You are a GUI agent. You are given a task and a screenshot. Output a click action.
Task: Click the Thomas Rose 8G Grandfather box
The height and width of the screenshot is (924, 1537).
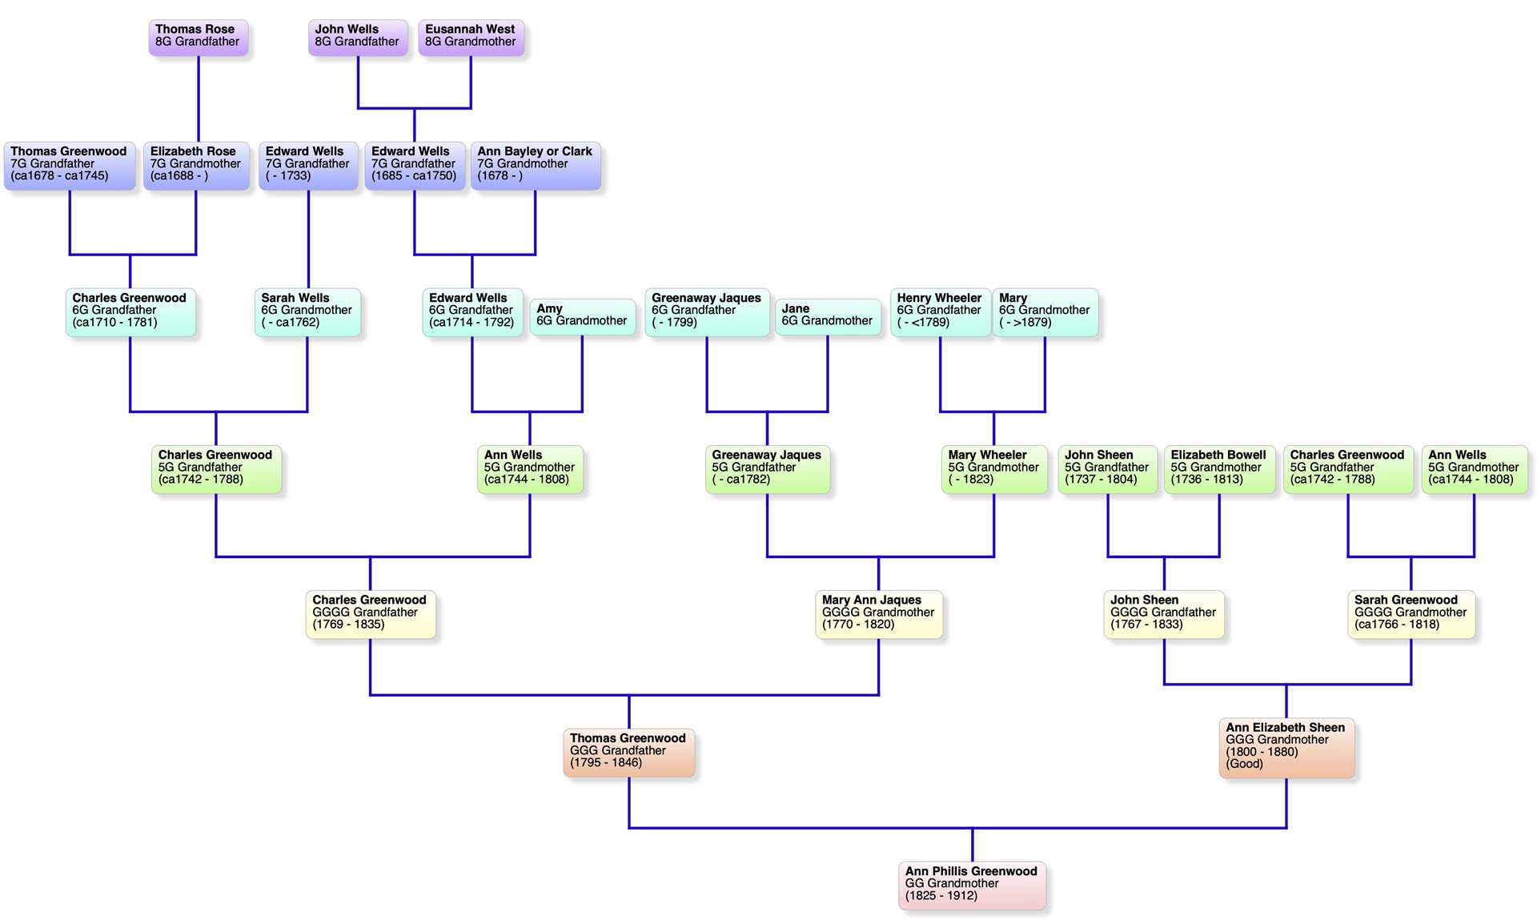point(198,37)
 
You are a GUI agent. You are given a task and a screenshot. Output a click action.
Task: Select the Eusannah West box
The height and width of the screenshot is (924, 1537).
point(471,37)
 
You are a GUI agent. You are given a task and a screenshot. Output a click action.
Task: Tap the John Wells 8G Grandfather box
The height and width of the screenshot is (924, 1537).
point(357,37)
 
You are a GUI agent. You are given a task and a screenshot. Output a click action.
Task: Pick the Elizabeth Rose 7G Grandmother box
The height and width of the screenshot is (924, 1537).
point(196,165)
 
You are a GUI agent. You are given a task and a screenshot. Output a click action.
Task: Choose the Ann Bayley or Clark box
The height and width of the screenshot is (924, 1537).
point(535,165)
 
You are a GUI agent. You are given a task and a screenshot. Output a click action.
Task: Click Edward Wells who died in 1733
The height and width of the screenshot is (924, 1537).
point(308,165)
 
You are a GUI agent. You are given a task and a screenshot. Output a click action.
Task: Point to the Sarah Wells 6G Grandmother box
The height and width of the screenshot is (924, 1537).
point(307,311)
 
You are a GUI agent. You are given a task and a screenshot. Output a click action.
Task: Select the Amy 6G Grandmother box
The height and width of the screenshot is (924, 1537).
point(582,315)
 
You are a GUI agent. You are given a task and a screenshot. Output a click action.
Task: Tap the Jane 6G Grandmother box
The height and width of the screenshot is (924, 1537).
point(827,315)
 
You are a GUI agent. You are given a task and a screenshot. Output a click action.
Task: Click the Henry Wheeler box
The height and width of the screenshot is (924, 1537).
point(940,311)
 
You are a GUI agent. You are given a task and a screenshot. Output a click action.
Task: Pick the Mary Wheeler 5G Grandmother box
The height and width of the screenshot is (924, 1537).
point(993,468)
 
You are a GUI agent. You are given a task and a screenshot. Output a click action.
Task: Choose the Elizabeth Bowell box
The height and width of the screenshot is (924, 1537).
point(1218,468)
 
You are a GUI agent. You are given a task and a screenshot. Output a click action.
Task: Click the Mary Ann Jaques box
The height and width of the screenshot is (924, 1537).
point(878,613)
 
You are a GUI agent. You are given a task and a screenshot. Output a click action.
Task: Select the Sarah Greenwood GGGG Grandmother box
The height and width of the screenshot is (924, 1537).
point(1411,613)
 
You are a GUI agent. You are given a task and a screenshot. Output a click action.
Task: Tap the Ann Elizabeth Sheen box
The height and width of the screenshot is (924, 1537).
point(1286,747)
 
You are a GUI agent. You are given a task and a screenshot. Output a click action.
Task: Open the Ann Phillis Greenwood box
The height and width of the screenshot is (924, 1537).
point(971,885)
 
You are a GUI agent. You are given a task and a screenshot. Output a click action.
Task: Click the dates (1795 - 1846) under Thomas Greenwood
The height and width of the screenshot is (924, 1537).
point(606,763)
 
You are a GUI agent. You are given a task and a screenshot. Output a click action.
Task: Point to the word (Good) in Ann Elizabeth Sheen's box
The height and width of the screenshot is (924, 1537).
point(1244,765)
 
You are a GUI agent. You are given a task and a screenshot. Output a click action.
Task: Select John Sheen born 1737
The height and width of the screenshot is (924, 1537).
point(1107,468)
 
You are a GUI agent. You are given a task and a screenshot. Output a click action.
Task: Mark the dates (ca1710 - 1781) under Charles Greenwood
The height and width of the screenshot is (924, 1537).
point(114,323)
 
